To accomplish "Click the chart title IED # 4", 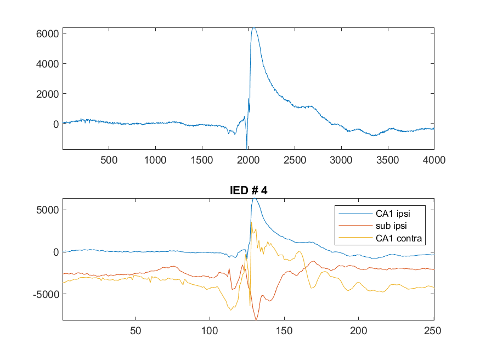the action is pyautogui.click(x=249, y=190).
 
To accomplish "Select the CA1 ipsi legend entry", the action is pyautogui.click(x=393, y=213).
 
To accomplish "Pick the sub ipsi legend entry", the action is pyautogui.click(x=391, y=226).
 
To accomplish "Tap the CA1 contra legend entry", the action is pyautogui.click(x=399, y=238).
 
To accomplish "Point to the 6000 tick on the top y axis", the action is pyautogui.click(x=47, y=33).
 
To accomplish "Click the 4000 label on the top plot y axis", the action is pyautogui.click(x=47, y=64).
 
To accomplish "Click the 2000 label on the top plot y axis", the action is pyautogui.click(x=47, y=94).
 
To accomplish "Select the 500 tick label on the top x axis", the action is pyautogui.click(x=109, y=160).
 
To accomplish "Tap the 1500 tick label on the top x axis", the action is pyautogui.click(x=202, y=160).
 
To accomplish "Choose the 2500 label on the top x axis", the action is pyautogui.click(x=295, y=160).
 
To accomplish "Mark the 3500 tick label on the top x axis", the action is pyautogui.click(x=387, y=160).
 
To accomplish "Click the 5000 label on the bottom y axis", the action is pyautogui.click(x=47, y=210).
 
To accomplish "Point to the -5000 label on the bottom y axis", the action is pyautogui.click(x=46, y=294).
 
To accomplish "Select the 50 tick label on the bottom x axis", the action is pyautogui.click(x=135, y=331).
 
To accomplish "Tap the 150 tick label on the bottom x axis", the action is pyautogui.click(x=284, y=331).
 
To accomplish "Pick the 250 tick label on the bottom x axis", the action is pyautogui.click(x=433, y=331).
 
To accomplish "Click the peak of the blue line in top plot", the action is pyautogui.click(x=254, y=28).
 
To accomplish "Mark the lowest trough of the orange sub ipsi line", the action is pyautogui.click(x=256, y=319).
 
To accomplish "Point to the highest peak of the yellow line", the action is pyautogui.click(x=251, y=222).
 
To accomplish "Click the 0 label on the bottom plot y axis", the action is pyautogui.click(x=56, y=252).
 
